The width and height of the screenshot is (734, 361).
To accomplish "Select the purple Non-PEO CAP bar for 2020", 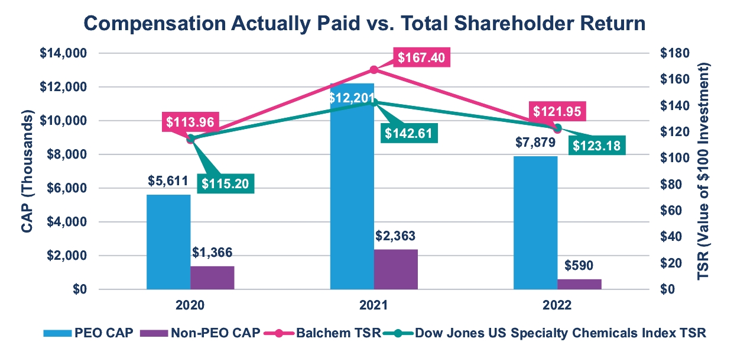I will coord(212,278).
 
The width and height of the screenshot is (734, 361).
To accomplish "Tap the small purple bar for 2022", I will coord(579,284).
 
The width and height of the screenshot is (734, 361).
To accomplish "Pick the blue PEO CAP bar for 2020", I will coord(168,243).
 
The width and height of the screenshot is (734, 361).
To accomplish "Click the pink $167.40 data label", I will coord(421,58).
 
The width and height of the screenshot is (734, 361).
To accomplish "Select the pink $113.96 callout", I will coord(189,123).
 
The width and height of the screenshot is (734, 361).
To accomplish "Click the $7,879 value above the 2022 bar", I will coord(535,144).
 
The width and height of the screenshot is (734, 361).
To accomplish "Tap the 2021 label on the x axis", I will coord(373,305).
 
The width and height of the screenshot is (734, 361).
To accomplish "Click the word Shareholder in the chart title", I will coord(517,24).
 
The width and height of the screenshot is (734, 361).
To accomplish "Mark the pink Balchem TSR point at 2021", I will coord(374,70).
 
